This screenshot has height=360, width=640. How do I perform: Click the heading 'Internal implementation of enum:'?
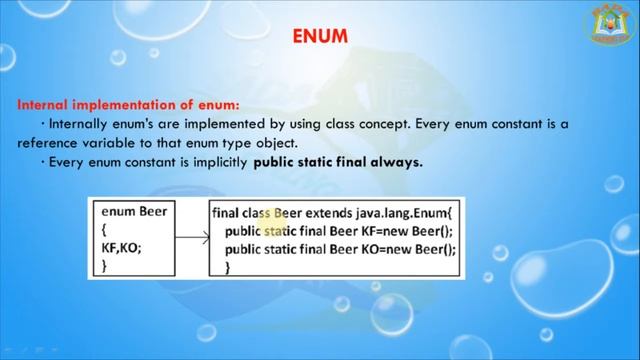[x=128, y=104]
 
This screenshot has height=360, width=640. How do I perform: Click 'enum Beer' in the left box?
[x=134, y=212]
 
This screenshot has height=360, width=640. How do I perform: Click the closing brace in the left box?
[x=105, y=266]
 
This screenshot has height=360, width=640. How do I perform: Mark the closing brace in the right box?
[x=229, y=267]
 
